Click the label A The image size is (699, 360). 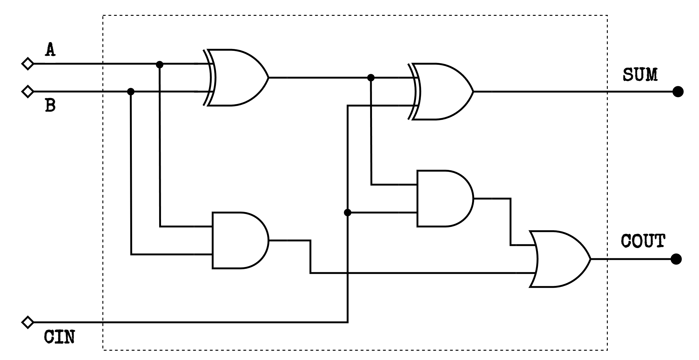(50, 50)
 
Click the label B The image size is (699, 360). (50, 105)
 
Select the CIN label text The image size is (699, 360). (59, 337)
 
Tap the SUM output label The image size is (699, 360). (640, 75)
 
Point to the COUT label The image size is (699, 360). (643, 241)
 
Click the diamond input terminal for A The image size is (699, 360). (28, 64)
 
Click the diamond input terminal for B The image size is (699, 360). (28, 91)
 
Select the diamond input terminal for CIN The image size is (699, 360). (28, 322)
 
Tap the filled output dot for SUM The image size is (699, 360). (678, 92)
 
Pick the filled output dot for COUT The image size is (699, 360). (676, 259)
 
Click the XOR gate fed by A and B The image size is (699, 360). (236, 78)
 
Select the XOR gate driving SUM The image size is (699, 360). (441, 91)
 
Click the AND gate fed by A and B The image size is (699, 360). (239, 240)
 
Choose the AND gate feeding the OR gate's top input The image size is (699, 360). (444, 198)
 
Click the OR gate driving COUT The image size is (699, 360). (558, 259)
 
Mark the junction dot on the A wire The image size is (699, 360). (159, 64)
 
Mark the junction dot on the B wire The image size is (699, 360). (131, 91)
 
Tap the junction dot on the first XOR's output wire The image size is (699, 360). (371, 78)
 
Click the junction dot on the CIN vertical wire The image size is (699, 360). (347, 212)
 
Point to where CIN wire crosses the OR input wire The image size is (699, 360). (347, 273)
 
